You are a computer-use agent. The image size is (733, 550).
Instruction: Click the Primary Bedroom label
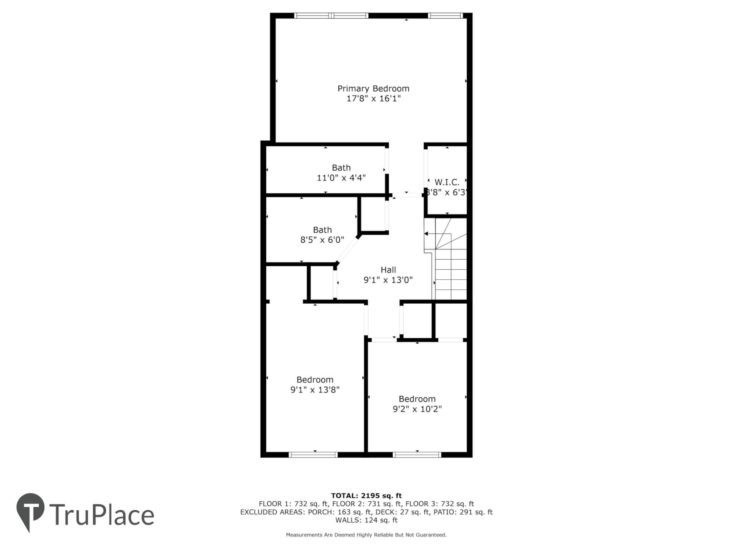[373, 89]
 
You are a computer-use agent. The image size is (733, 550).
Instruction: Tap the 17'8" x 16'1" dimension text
[373, 98]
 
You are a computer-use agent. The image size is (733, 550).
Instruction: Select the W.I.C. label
[447, 182]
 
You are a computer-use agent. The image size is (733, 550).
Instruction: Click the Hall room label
[388, 270]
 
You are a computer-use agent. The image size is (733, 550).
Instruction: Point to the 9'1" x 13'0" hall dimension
[388, 280]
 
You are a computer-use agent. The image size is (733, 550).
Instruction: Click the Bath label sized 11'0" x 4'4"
[341, 168]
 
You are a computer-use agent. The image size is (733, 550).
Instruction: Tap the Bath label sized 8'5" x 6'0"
[322, 230]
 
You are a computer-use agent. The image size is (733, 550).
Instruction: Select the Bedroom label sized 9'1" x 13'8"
[315, 380]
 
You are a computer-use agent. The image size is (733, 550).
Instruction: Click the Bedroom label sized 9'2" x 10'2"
[417, 399]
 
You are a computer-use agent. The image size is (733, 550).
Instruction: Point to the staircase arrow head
[426, 234]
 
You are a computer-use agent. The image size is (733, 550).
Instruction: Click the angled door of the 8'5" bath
[347, 250]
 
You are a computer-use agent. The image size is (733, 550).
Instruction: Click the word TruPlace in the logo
[102, 515]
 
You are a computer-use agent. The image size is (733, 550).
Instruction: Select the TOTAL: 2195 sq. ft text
[366, 496]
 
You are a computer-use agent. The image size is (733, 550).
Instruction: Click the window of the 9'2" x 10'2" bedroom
[417, 455]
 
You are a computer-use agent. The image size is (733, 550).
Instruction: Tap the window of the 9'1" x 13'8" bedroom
[313, 455]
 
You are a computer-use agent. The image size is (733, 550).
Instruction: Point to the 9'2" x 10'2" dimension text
[417, 409]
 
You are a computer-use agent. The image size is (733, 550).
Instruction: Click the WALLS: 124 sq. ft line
[366, 520]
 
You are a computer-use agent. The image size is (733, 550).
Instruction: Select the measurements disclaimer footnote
[366, 535]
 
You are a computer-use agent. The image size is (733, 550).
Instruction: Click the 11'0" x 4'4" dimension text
[341, 178]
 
